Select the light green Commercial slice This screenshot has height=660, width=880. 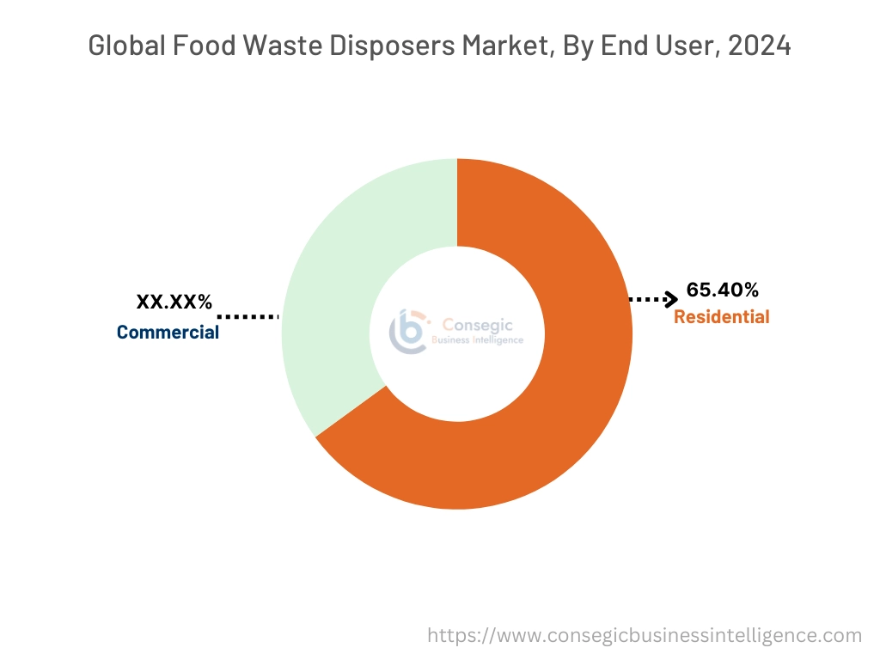pos(331,284)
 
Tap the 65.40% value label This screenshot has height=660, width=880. pos(722,290)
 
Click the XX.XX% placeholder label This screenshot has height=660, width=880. pos(174,302)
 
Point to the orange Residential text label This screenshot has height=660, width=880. pos(721,317)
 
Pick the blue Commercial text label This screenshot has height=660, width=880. pos(168,332)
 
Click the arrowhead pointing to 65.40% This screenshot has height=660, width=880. pos(670,299)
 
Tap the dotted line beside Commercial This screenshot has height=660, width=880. pos(249,316)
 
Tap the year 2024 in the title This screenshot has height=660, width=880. pos(759,46)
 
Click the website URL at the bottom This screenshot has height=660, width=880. pos(645,636)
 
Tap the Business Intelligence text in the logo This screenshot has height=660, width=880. pos(482,340)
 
